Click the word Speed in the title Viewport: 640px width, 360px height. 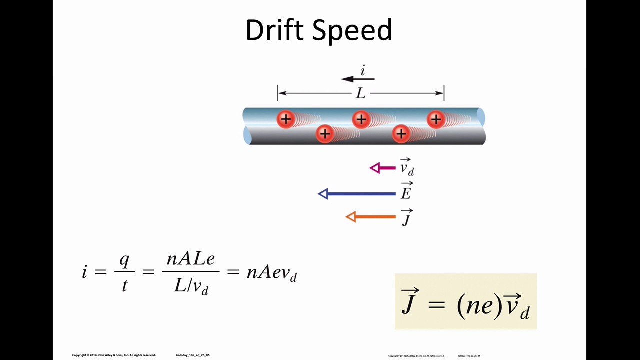353,31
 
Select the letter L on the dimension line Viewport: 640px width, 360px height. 360,93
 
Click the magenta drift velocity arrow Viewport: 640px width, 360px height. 383,168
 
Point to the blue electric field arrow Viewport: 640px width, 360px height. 357,194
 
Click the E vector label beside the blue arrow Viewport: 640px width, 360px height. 406,192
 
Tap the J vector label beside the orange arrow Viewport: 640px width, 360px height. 406,218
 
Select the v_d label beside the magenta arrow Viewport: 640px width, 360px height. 407,167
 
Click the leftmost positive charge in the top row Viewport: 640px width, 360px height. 285,119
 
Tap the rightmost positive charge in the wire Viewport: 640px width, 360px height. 436,119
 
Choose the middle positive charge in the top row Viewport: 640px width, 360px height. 361,119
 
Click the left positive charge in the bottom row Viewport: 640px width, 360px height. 325,133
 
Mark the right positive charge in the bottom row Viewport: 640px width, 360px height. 401,133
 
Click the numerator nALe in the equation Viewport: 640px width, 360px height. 190,259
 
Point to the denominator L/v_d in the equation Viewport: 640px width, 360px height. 191,286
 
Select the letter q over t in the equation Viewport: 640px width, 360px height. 124,260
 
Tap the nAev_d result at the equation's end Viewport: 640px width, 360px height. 272,273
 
